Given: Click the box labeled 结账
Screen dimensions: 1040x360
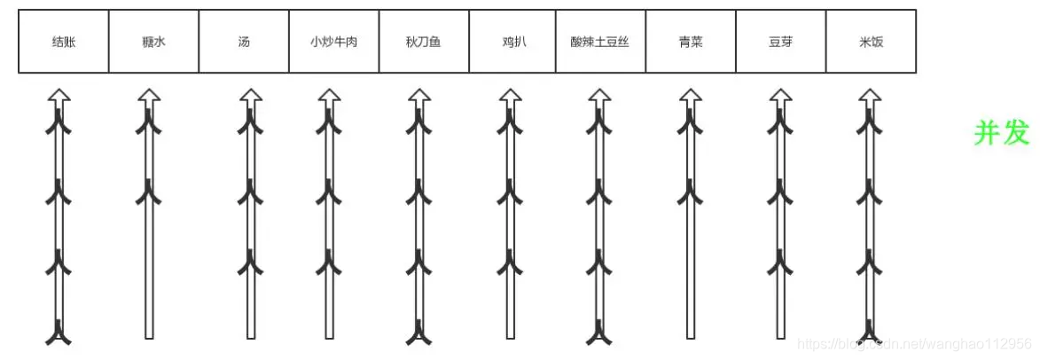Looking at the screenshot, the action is pos(64,42).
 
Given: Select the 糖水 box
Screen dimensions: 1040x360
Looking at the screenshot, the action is pos(153,42).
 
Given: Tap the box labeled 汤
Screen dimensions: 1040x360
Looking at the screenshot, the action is pos(244,42).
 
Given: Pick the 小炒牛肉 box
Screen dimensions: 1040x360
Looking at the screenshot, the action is pos(333,42).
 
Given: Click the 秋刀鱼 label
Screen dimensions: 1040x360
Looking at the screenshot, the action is pos(423,42).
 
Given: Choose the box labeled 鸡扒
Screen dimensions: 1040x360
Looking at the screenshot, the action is pos(513,42).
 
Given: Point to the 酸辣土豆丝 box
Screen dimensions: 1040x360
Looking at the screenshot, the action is pos(600,42).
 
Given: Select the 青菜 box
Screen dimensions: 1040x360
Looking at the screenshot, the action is pos(690,42).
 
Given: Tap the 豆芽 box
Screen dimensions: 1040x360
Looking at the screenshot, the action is pos(781,42).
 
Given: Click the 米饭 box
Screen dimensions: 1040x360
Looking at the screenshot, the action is pos(871,42).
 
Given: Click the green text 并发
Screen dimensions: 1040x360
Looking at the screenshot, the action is pos(1002,133).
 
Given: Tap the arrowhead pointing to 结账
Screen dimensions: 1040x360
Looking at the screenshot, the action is pos(59,96).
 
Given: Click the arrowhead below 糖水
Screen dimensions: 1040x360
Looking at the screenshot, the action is pos(148,96).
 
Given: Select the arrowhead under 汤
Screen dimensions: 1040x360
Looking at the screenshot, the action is pos(251,96).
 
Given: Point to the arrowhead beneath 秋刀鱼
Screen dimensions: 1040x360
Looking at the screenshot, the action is pos(418,96).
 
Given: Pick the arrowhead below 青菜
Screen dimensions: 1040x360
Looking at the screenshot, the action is pos(689,96).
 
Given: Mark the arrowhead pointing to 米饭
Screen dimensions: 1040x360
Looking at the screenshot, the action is pos(869,96).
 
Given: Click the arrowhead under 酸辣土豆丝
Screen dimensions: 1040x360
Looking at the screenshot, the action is pos(599,96).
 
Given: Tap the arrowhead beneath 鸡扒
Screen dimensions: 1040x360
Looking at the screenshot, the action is pos(509,96).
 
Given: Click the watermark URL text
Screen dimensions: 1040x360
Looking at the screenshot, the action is pos(913,344).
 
